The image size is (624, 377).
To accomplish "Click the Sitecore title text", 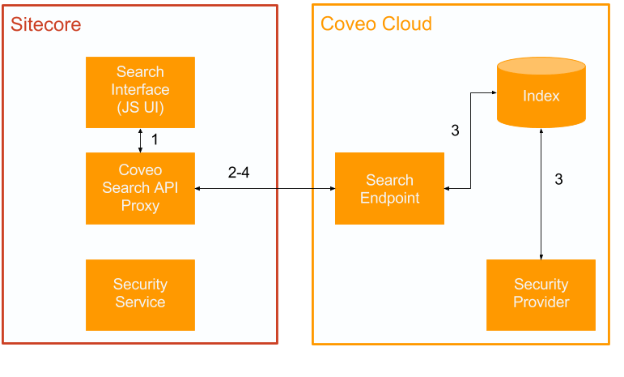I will [45, 24].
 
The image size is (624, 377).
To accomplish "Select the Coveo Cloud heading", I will [376, 24].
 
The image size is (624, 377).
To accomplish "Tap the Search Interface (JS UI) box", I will [140, 92].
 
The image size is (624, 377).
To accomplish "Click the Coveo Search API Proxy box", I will [140, 188].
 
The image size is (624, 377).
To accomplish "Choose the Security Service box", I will [140, 294].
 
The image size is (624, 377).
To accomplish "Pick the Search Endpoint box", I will [389, 189].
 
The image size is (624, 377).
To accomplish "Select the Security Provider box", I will [541, 294].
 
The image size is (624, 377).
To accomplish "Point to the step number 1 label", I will [155, 139].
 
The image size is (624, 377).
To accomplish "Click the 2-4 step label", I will [238, 172].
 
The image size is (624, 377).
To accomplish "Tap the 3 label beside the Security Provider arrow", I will [558, 179].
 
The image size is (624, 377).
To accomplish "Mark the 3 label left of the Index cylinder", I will [455, 130].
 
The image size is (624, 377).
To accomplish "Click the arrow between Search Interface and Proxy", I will [140, 140].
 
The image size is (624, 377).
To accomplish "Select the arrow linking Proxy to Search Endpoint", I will [265, 188].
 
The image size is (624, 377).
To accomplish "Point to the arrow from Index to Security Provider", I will [541, 195].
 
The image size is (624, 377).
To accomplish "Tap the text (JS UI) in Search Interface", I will [140, 108].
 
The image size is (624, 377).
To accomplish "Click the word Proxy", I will [140, 206].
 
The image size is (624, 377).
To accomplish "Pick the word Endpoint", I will [389, 198].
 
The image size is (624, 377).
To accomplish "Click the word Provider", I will [541, 302].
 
